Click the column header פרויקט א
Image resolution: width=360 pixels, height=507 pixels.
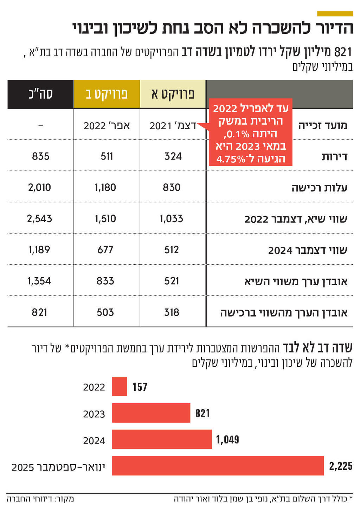pos(173,94)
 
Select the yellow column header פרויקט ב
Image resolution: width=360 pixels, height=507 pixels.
pos(107,94)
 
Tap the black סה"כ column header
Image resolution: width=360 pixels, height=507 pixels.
pos(40,94)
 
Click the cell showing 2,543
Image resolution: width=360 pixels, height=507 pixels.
pos(39,219)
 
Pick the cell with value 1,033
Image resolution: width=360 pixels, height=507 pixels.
pos(172,219)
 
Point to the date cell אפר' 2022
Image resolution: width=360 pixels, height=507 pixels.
pos(107,125)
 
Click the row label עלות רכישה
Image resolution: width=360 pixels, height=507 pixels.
pos(319,188)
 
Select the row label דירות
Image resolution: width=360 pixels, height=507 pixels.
pos(334,157)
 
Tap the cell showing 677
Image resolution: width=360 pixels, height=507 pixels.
pos(105,250)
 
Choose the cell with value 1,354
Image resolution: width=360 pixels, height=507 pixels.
pos(39,281)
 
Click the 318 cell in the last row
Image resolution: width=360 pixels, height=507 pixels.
pos(172,312)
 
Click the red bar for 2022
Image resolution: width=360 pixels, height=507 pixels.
pos(120,386)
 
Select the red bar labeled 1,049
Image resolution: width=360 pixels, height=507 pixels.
pos(162,439)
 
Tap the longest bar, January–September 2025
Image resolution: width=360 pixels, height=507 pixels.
pos(218,466)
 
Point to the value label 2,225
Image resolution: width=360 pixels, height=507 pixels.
pos(340,466)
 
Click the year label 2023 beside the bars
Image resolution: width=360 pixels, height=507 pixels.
pos(94,414)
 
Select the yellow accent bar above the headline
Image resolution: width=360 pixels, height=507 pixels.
pos(335,14)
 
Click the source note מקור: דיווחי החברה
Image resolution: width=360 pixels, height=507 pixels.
pos(40,499)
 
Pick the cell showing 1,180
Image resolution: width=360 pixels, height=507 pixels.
pos(105,188)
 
